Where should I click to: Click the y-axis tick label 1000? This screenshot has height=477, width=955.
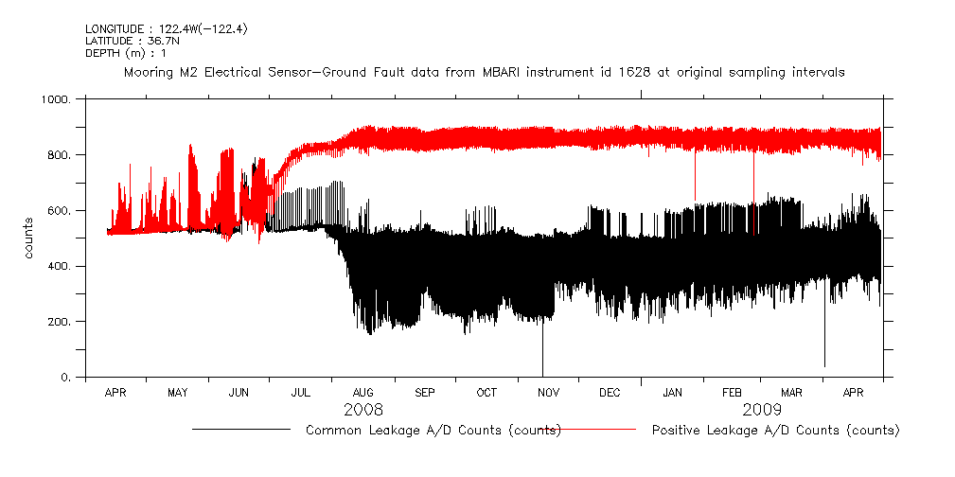coord(56,99)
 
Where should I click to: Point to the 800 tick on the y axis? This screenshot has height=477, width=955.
coord(59,155)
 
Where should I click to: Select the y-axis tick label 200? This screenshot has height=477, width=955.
coord(59,322)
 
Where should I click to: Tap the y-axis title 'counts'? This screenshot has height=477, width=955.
coord(30,238)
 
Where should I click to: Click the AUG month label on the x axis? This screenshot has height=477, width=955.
coord(363,392)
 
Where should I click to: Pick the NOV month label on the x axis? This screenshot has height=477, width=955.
coord(548,392)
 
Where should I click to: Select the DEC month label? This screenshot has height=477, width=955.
coord(610,392)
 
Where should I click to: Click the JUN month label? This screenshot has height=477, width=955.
coord(239,392)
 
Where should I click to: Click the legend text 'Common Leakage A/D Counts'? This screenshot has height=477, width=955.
coord(433,431)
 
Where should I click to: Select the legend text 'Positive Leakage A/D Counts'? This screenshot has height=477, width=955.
coord(775,431)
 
